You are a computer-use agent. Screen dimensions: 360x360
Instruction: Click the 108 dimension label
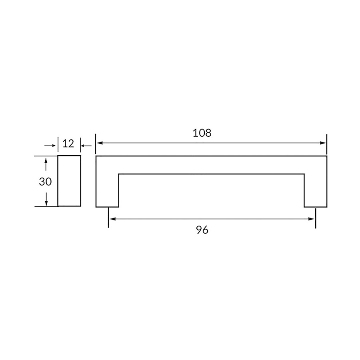(202, 133)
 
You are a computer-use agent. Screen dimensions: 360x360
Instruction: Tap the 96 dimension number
(202, 230)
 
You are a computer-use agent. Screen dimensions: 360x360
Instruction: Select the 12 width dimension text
(68, 144)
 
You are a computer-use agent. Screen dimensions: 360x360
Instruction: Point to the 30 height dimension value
(45, 182)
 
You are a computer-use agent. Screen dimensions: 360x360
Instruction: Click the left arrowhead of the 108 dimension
(100, 143)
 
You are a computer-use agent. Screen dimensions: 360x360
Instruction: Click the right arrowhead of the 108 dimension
(322, 143)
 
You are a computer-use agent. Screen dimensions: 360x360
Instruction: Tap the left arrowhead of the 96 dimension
(112, 219)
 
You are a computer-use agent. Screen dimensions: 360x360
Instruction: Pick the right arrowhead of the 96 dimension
(311, 219)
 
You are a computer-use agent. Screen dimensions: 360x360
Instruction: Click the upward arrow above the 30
(46, 164)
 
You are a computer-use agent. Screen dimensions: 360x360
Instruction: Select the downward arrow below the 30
(46, 199)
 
